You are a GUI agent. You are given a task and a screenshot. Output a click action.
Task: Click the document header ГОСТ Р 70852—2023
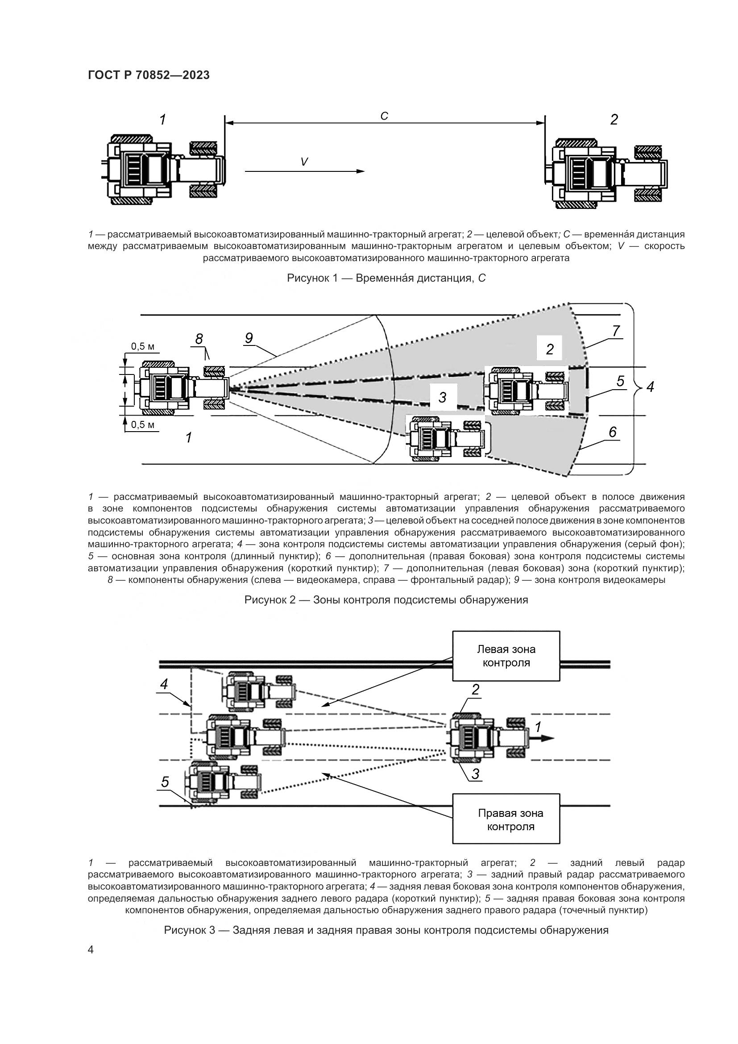tap(149, 75)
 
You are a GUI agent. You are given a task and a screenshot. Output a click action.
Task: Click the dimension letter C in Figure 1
tap(384, 116)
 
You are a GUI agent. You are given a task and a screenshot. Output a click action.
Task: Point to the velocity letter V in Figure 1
tap(304, 162)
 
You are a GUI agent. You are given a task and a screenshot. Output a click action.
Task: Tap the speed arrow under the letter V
tap(304, 171)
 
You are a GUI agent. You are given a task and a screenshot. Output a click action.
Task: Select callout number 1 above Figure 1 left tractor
tap(162, 120)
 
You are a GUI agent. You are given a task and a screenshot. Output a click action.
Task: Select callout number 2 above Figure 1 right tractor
tap(614, 120)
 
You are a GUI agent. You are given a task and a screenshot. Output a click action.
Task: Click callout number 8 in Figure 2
tap(199, 339)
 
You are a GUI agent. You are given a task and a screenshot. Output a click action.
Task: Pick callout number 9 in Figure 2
tap(249, 338)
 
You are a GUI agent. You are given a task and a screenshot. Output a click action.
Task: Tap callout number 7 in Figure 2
tap(616, 331)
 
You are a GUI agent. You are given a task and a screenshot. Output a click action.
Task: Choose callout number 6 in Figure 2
tap(613, 432)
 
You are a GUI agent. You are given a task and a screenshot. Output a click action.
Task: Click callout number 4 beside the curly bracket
tap(650, 387)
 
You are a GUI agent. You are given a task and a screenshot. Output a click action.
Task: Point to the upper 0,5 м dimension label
tap(143, 346)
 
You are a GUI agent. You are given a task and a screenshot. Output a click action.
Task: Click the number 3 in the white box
tap(442, 398)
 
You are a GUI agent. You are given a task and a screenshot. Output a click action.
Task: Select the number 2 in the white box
tap(550, 349)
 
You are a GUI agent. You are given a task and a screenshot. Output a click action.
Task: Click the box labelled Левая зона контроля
tap(506, 656)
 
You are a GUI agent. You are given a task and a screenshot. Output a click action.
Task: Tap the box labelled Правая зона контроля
tap(506, 820)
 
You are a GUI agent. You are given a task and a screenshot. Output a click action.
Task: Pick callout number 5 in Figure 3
tap(165, 782)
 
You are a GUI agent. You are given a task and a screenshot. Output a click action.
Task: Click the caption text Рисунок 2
tap(386, 600)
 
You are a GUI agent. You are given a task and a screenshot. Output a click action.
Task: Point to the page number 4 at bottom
tap(91, 950)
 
